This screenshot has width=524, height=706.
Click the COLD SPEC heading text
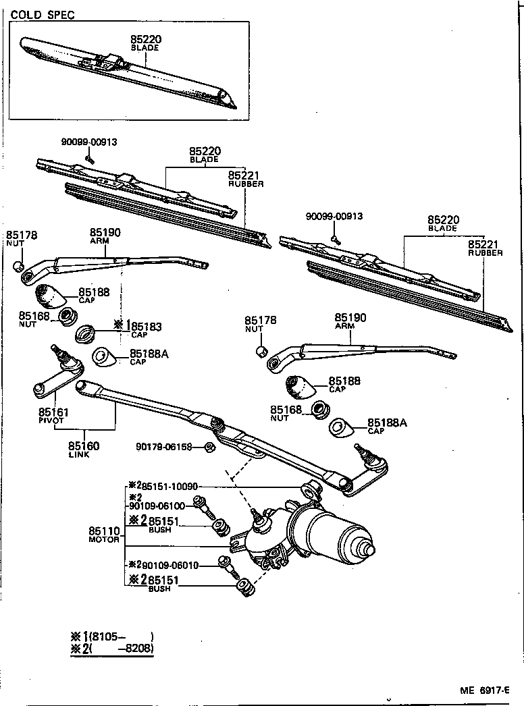point(43,14)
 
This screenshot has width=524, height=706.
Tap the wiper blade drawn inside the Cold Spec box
point(128,71)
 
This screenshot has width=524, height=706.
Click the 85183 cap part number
point(147,326)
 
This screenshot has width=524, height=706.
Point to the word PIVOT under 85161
point(51,420)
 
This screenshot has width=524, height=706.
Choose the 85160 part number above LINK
point(84,445)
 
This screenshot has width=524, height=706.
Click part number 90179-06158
point(164,447)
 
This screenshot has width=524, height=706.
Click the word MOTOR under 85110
point(104,540)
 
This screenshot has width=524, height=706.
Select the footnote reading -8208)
point(135,649)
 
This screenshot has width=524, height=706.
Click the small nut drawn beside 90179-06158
point(209,447)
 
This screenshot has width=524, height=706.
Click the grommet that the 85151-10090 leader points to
point(311,489)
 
